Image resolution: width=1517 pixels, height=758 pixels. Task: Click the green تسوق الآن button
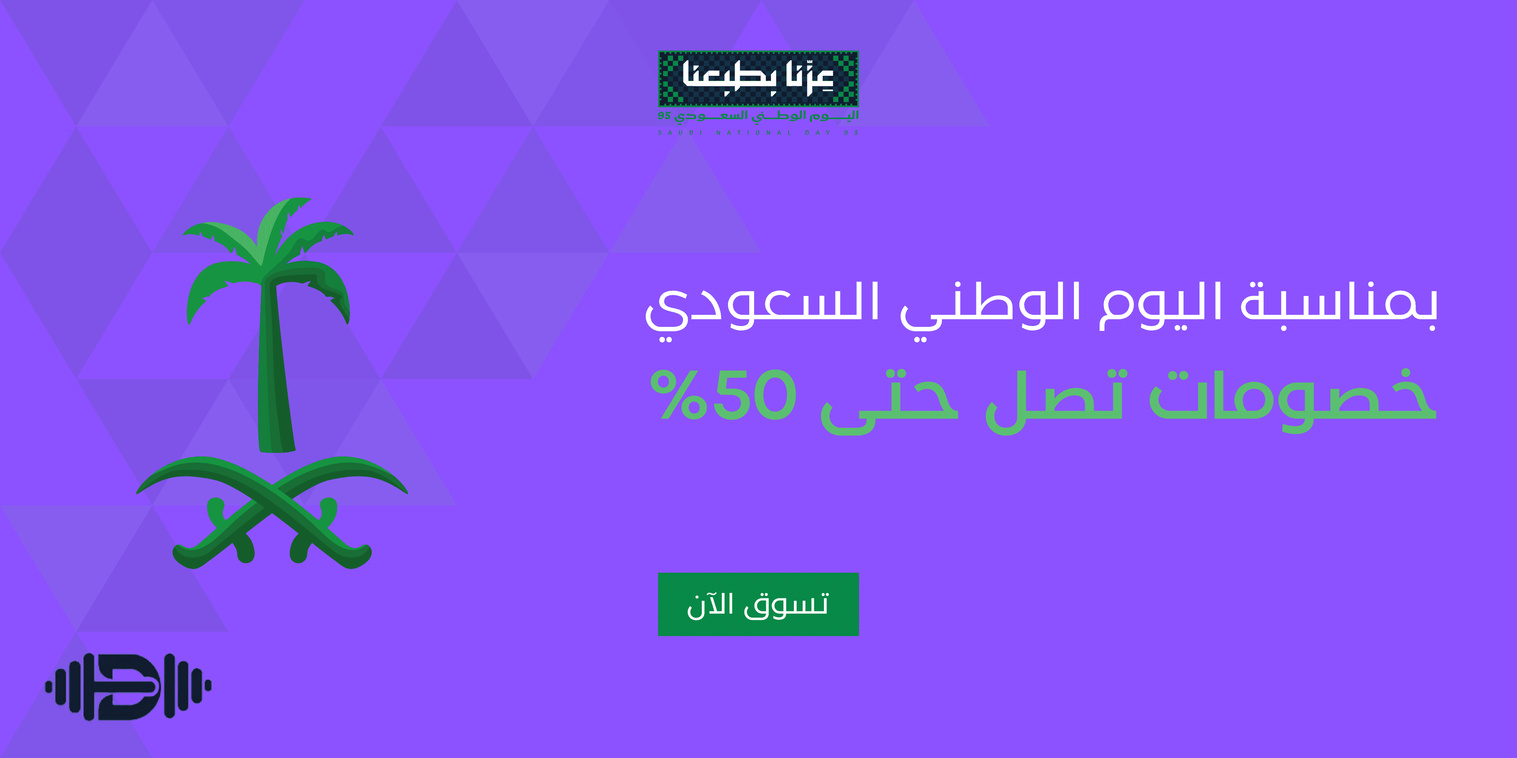click(x=758, y=604)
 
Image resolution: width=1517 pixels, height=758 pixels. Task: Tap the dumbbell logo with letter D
click(x=128, y=686)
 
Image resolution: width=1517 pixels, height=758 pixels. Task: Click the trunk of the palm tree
click(x=276, y=365)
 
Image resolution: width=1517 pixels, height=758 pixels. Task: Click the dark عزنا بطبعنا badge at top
click(x=758, y=78)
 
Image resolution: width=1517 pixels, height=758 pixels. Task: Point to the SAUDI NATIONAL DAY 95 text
click(x=758, y=133)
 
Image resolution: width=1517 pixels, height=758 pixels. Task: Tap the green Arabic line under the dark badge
click(x=758, y=116)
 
